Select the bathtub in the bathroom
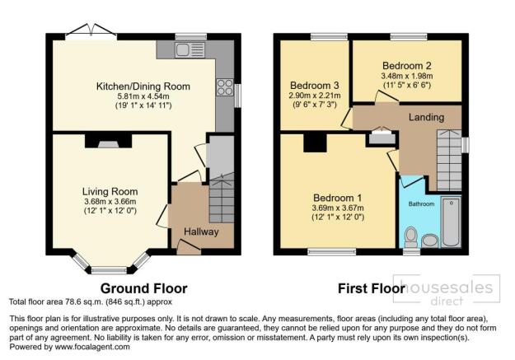tap(452, 222)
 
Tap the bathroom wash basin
tap(430, 241)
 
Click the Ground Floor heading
tap(143, 288)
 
